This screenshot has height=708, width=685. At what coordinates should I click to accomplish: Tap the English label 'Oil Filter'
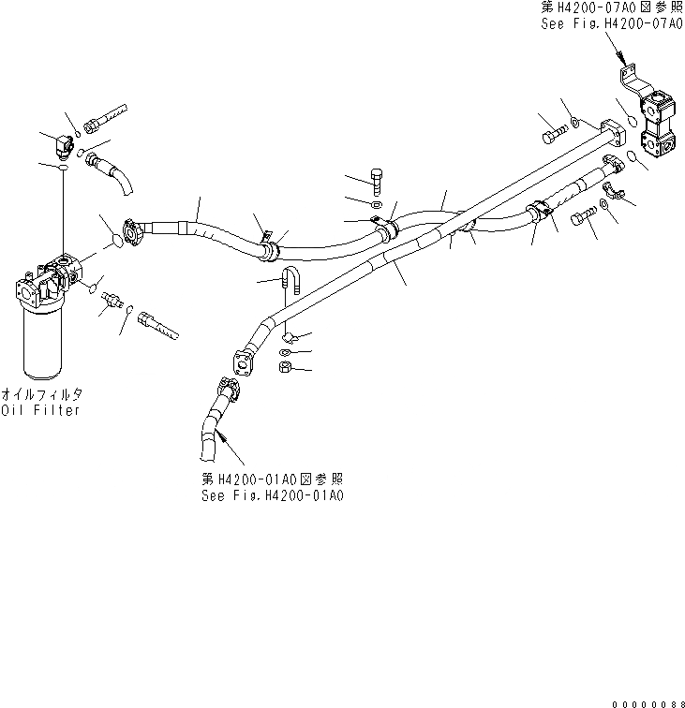40,410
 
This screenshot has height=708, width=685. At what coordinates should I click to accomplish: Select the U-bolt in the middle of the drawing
290,282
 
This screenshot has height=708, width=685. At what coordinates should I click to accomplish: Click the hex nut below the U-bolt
287,367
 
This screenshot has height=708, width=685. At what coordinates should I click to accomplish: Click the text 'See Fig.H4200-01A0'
272,494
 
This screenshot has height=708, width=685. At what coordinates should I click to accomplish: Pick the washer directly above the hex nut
285,351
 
